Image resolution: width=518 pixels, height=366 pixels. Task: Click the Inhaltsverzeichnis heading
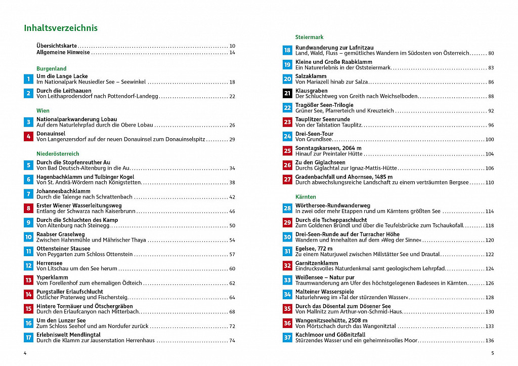61,28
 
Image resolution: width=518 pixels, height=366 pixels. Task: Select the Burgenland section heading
51,68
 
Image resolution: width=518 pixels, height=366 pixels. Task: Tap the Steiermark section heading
309,37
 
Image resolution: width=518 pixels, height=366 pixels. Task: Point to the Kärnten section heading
306,196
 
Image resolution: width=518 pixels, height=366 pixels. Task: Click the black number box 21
287,93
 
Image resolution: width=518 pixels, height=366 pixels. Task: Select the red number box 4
28,136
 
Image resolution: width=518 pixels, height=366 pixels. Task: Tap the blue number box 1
28,79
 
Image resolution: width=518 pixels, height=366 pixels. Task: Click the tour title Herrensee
49,263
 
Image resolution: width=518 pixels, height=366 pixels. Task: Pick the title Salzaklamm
311,76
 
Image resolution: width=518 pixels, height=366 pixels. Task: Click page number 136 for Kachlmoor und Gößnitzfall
489,341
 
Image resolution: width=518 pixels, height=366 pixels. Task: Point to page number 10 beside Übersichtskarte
232,46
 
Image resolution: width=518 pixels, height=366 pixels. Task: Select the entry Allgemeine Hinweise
63,52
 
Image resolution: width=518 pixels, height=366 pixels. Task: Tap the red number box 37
287,338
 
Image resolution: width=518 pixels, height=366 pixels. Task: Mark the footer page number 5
492,353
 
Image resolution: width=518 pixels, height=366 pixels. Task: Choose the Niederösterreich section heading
58,153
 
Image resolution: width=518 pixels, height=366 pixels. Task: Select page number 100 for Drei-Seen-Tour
489,140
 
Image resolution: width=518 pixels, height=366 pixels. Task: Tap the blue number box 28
287,208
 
